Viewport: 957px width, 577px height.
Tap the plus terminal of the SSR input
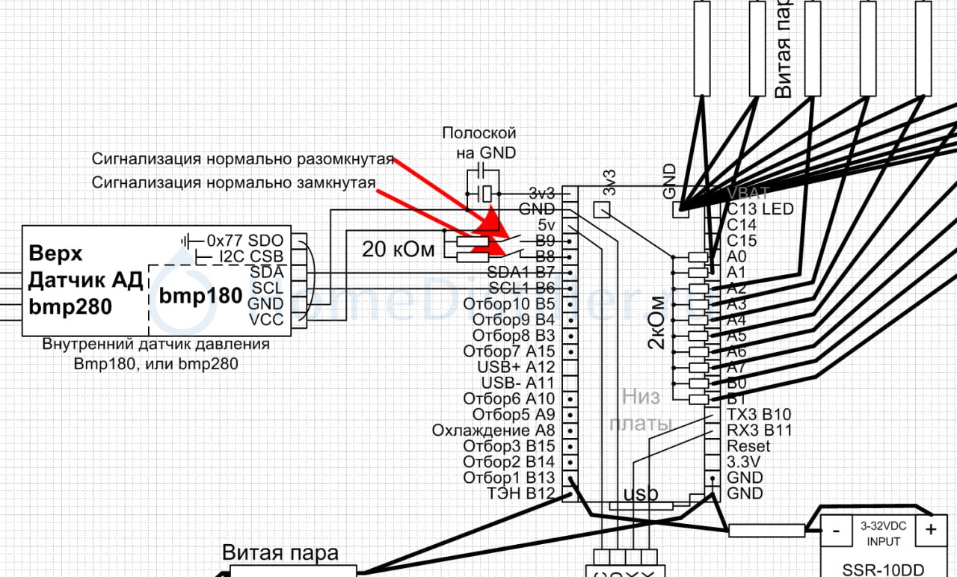[x=930, y=530]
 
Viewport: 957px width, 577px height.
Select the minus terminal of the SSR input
[x=836, y=530]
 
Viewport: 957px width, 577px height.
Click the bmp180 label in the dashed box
[x=200, y=296]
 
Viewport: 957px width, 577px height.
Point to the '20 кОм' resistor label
[x=399, y=250]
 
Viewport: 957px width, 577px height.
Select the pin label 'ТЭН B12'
[x=520, y=493]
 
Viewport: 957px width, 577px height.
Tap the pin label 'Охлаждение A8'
[x=493, y=431]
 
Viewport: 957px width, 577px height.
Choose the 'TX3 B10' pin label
[x=759, y=414]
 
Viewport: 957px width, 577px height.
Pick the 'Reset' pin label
[x=748, y=446]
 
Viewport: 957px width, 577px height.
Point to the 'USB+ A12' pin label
[x=516, y=367]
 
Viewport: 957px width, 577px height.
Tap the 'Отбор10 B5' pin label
[x=509, y=304]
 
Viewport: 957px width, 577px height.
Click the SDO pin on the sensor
[x=265, y=241]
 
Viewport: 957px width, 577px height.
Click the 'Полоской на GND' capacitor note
[x=479, y=142]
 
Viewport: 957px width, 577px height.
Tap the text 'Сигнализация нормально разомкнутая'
[x=242, y=159]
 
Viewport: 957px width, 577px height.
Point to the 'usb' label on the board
[x=641, y=495]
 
